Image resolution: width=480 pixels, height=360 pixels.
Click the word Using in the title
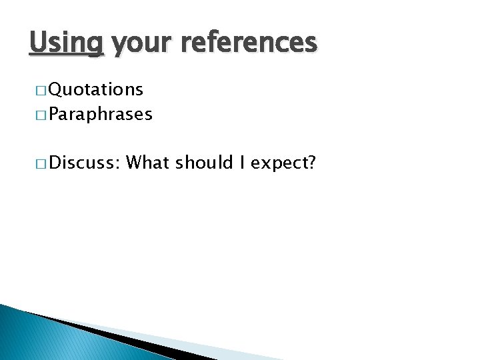tap(67, 43)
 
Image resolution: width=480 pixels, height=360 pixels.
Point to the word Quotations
tap(95, 89)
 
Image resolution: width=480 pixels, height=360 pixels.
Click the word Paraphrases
tap(100, 115)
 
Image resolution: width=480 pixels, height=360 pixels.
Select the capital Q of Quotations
tap(55, 89)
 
